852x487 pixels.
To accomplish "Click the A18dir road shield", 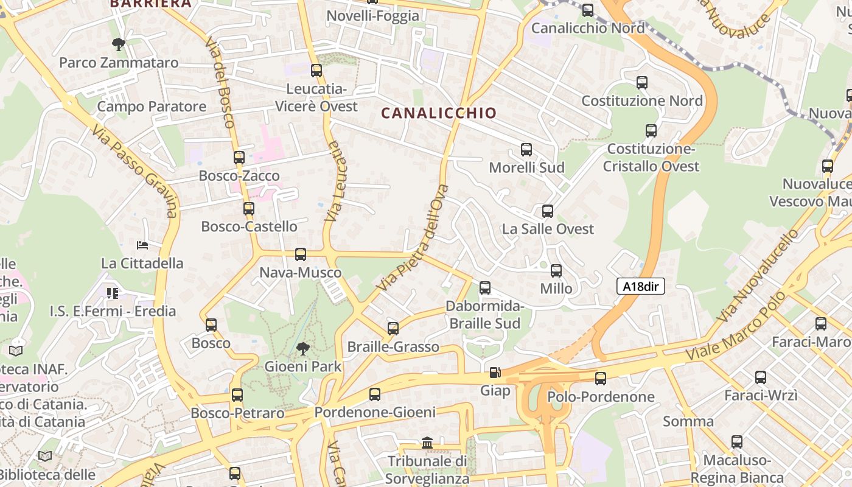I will (640, 286).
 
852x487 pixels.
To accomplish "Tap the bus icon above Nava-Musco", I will (301, 254).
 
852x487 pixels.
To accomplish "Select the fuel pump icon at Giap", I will (495, 372).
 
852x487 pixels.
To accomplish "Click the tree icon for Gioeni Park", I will (302, 349).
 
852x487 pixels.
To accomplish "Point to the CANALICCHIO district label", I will (439, 113).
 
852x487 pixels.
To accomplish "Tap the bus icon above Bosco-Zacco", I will (239, 158).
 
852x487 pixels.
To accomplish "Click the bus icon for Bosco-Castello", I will (248, 209).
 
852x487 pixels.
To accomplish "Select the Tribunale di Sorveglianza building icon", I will (427, 443).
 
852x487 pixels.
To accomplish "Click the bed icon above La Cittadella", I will (142, 245).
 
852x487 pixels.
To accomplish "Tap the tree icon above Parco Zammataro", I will (119, 44).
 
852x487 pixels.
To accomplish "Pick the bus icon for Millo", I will (556, 271).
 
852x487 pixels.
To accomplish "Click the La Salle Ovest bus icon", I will (548, 211).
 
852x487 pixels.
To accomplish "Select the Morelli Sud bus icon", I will (526, 150).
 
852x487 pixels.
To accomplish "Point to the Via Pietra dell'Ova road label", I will (413, 237).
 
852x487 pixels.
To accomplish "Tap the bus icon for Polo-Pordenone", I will (601, 379).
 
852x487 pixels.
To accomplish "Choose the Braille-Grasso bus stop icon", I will (393, 329).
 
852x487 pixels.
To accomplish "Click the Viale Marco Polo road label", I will (737, 329).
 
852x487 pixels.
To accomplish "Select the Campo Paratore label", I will (152, 107).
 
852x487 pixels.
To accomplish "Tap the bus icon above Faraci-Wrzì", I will (761, 377).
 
